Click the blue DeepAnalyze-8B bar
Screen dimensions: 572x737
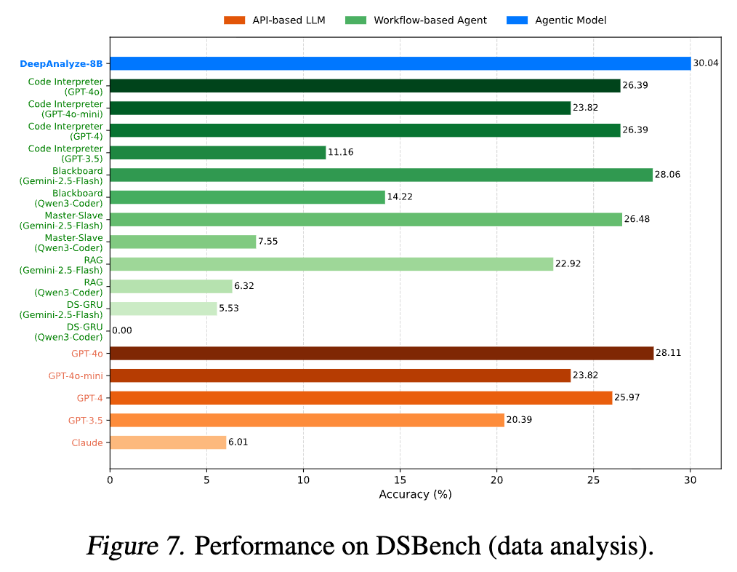tap(400, 63)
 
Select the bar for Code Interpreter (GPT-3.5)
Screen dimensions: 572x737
tap(217, 153)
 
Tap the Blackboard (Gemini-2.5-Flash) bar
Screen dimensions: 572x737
tap(381, 175)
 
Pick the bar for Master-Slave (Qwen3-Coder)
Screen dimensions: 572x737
tap(182, 242)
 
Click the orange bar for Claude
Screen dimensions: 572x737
tap(168, 442)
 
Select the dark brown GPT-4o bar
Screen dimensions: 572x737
tap(382, 353)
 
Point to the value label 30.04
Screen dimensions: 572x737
tap(706, 63)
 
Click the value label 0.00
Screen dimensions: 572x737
tap(123, 330)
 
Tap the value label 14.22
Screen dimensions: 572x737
tap(399, 197)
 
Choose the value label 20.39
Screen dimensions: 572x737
tap(518, 420)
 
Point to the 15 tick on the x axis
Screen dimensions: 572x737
tap(400, 480)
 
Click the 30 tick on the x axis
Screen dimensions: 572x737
tap(690, 480)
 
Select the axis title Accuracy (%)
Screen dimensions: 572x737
tap(415, 494)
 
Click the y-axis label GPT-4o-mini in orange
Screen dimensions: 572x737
tap(76, 376)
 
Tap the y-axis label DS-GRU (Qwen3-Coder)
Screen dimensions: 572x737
tap(69, 332)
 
